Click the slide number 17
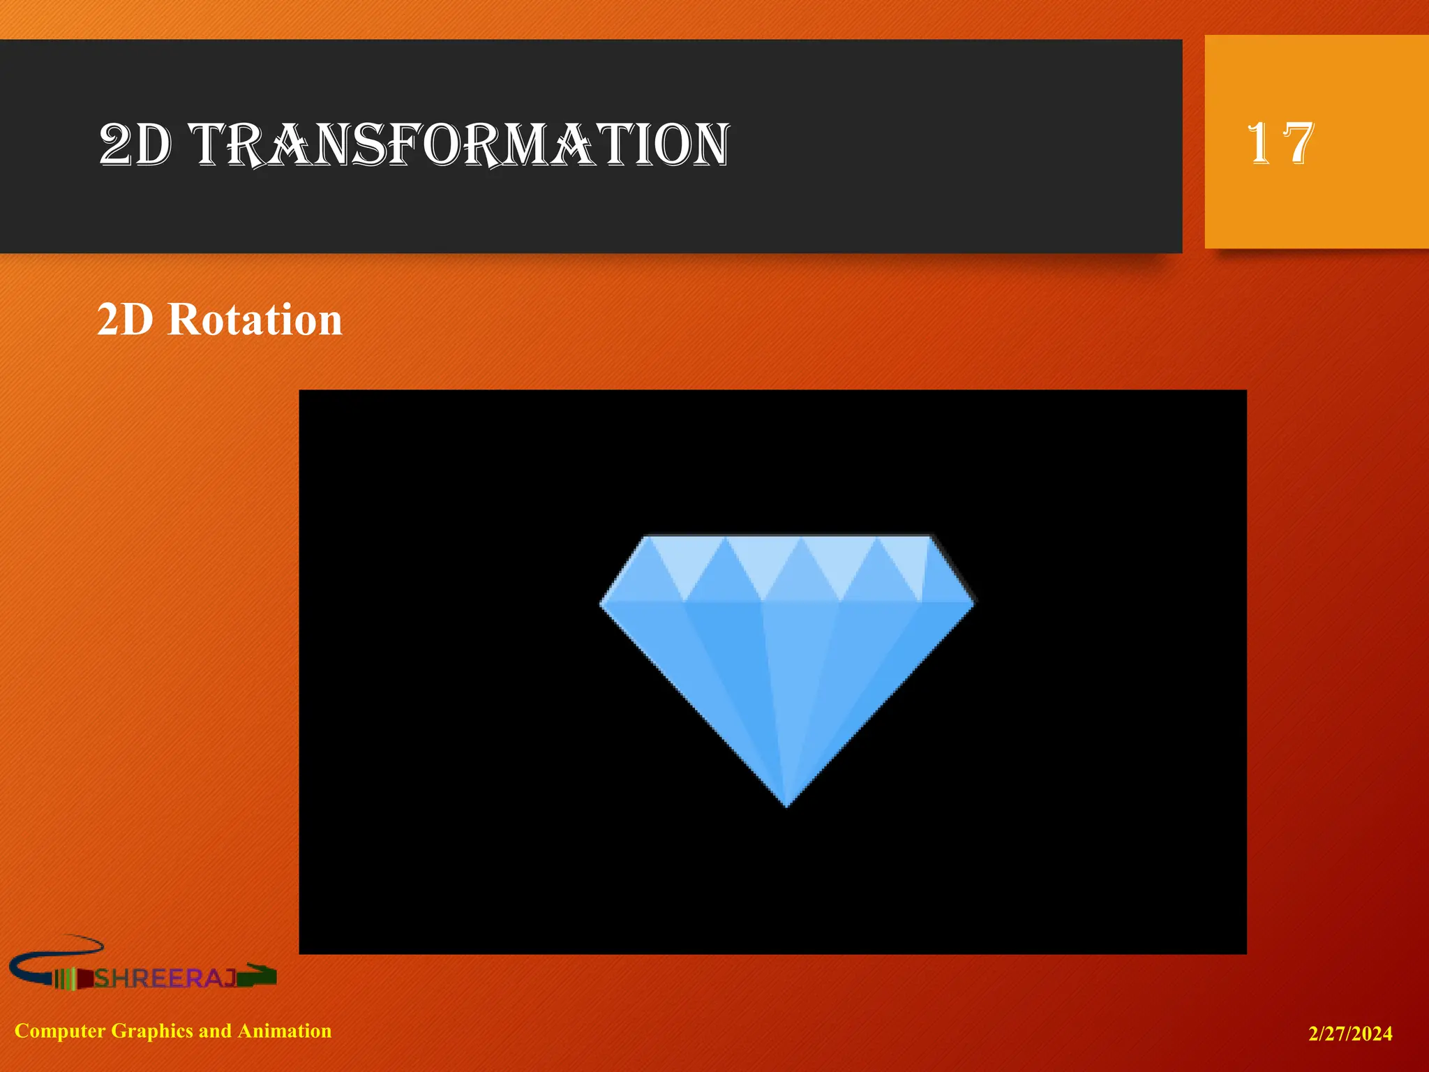(x=1280, y=143)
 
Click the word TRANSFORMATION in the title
(x=461, y=144)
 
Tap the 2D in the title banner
(x=135, y=144)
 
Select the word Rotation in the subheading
(x=255, y=320)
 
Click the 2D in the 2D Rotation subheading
(x=125, y=320)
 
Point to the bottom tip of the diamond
(x=786, y=805)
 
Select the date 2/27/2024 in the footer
(x=1350, y=1034)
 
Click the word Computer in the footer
(x=60, y=1031)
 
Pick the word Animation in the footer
(x=285, y=1031)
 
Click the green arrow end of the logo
(x=258, y=976)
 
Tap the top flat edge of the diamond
(x=788, y=537)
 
